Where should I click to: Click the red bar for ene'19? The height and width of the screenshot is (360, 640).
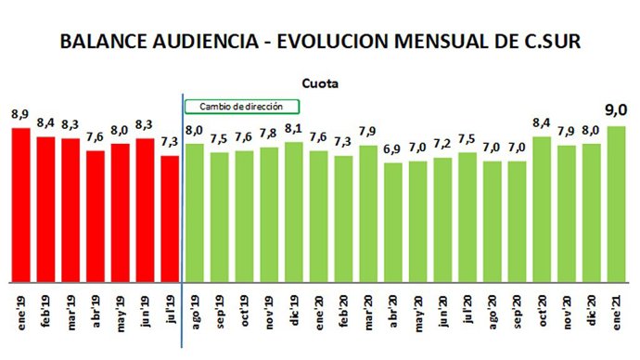20,204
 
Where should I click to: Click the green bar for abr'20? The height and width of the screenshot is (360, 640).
393,222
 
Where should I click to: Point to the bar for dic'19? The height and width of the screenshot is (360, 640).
294,212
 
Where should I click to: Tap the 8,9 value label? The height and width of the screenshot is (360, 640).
20,114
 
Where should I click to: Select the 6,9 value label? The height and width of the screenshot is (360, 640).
393,149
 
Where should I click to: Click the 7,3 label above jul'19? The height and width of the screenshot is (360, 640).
170,142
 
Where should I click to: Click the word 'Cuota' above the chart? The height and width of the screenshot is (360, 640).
320,83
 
